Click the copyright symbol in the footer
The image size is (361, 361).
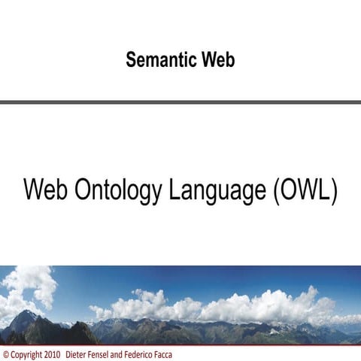[6, 353]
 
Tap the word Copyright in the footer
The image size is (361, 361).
[26, 353]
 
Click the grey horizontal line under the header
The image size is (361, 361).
[180, 102]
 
